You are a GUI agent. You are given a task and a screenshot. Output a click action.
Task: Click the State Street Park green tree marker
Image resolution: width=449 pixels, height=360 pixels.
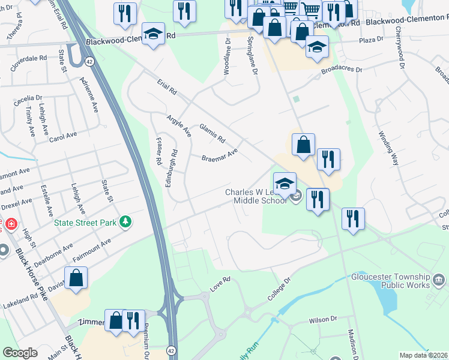tap(125, 222)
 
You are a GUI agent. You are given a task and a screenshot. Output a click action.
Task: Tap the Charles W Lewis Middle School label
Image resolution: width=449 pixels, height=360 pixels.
tap(256, 196)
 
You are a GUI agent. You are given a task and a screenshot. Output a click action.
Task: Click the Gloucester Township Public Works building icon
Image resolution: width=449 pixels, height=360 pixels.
tap(439, 280)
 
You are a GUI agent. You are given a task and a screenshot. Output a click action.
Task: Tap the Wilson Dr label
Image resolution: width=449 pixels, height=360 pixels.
tap(324, 320)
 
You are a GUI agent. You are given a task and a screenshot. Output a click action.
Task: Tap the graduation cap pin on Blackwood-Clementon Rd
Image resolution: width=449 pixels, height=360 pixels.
tap(153, 34)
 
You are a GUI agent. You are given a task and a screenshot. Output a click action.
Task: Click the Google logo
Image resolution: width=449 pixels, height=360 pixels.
tap(20, 353)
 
